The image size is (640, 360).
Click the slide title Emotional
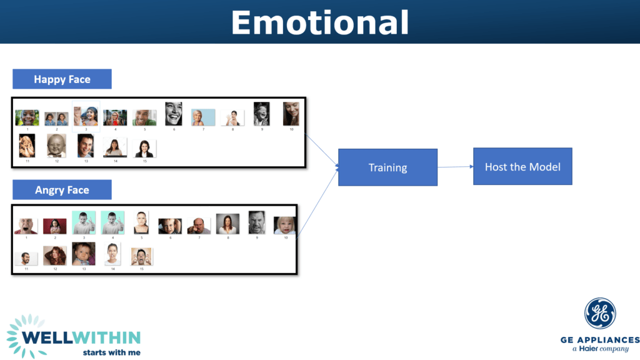pyautogui.click(x=319, y=22)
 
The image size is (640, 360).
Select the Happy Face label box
pyautogui.click(x=62, y=79)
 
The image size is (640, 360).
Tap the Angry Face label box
pyautogui.click(x=62, y=190)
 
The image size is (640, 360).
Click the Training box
pyautogui.click(x=387, y=167)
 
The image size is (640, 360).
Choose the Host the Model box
pyautogui.click(x=522, y=166)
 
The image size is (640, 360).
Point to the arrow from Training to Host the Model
pyautogui.click(x=455, y=167)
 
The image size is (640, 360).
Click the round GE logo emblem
pyautogui.click(x=600, y=314)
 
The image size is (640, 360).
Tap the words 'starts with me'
pyautogui.click(x=111, y=352)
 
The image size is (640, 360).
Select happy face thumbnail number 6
pyautogui.click(x=174, y=114)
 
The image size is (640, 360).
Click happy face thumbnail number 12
pyautogui.click(x=56, y=146)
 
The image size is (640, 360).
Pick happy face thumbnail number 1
pyautogui.click(x=27, y=117)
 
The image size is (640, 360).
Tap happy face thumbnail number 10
pyautogui.click(x=291, y=114)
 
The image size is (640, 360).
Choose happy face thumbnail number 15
pyautogui.click(x=144, y=148)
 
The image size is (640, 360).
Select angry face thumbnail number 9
pyautogui.click(x=257, y=222)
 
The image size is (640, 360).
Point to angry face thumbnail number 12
pyautogui.click(x=55, y=255)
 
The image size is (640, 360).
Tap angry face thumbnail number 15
pyautogui.click(x=141, y=256)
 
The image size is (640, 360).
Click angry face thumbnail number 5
pyautogui.click(x=141, y=222)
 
